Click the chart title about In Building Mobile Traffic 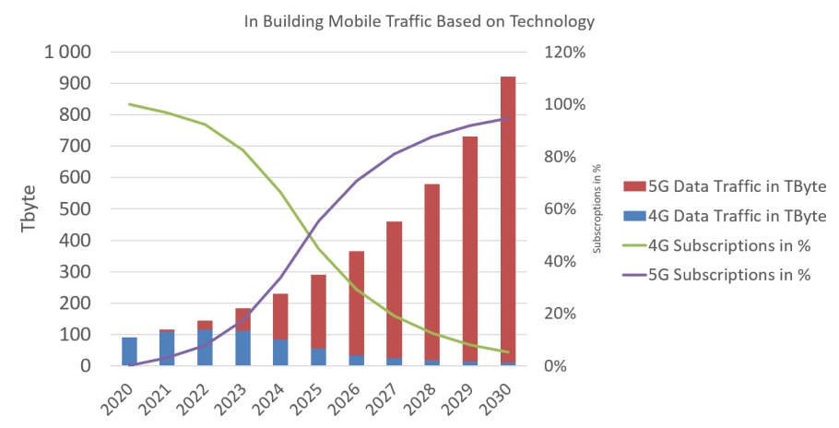point(419,20)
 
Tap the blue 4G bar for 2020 point(130,351)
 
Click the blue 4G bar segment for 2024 point(281,352)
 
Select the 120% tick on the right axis point(566,53)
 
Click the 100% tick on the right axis point(566,104)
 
